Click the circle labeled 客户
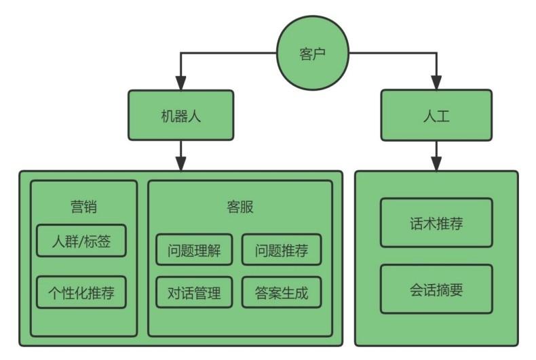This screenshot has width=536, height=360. pyautogui.click(x=312, y=53)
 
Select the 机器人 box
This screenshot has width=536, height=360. pyautogui.click(x=181, y=115)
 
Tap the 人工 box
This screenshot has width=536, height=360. pyautogui.click(x=436, y=115)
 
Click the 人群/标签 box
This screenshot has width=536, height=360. pyautogui.click(x=81, y=241)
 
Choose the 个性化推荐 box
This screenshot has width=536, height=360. pyautogui.click(x=81, y=292)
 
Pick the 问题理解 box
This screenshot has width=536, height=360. pyautogui.click(x=194, y=249)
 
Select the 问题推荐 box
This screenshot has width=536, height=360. pyautogui.click(x=282, y=249)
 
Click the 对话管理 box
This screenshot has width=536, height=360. pyautogui.click(x=194, y=292)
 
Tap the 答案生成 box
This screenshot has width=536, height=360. pyautogui.click(x=282, y=292)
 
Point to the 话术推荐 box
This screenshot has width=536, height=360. pyautogui.click(x=436, y=222)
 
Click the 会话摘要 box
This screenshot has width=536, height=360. pyautogui.click(x=436, y=289)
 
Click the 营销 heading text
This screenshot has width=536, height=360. pyautogui.click(x=83, y=207)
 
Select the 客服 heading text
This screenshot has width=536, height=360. pyautogui.click(x=240, y=207)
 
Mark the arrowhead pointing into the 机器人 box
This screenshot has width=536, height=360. pyautogui.click(x=181, y=83)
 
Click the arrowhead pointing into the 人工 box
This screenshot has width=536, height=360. pyautogui.click(x=436, y=83)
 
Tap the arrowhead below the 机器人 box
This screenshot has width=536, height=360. pyautogui.click(x=181, y=163)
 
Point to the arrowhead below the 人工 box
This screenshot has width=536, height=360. pyautogui.click(x=436, y=163)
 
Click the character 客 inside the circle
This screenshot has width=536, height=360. pyautogui.click(x=305, y=54)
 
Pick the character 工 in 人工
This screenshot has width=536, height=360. pyautogui.click(x=443, y=116)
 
